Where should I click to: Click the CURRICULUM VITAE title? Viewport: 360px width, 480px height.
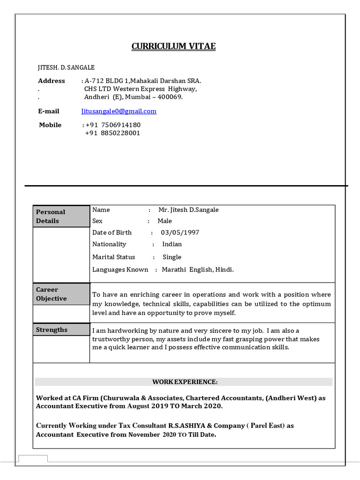click(173, 46)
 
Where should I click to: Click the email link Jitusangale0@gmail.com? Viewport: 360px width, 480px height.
click(119, 111)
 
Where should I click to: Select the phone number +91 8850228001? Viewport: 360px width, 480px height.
click(112, 133)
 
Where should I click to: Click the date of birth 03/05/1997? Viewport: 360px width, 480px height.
click(180, 232)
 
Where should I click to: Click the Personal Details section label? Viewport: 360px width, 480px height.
click(51, 216)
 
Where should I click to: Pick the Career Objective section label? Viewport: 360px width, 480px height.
click(52, 294)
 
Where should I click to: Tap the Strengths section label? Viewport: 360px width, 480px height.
click(52, 330)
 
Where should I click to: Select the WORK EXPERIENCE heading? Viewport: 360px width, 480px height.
click(185, 382)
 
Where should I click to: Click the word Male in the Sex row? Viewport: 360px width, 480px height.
click(165, 221)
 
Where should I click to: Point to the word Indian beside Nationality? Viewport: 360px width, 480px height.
click(172, 244)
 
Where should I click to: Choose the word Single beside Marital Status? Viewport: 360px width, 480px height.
click(172, 257)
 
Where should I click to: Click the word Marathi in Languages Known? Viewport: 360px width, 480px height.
click(174, 270)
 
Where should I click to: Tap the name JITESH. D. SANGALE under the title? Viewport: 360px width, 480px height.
click(66, 67)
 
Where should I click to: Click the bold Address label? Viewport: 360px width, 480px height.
click(52, 81)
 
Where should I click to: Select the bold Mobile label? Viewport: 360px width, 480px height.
click(50, 125)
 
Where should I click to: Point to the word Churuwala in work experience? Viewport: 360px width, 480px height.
click(124, 398)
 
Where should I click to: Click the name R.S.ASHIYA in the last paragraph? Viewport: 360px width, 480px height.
click(190, 426)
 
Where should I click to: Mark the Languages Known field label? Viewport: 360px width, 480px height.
click(120, 270)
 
